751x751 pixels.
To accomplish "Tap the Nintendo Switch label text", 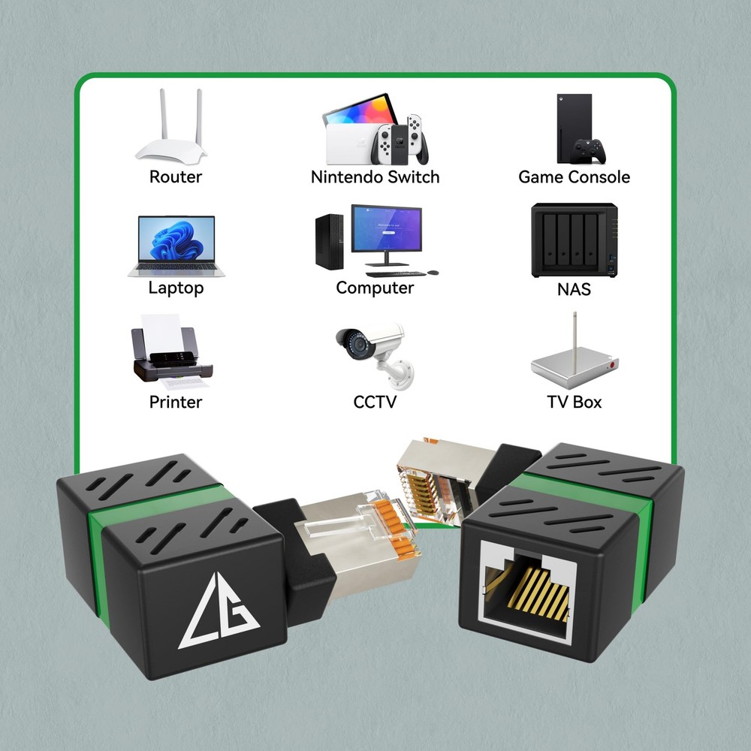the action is point(375,177).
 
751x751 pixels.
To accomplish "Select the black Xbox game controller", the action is point(590,151).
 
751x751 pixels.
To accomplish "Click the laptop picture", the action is point(176,246).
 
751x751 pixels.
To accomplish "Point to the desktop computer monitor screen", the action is point(387,228).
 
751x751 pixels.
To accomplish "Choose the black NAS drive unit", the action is point(575,240).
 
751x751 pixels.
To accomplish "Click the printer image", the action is point(171,352).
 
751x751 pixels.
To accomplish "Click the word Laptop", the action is point(176,288).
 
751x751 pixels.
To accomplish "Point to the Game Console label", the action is point(574,177).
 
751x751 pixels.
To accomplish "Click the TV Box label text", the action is point(574,403).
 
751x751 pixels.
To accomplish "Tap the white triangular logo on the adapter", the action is point(219,611).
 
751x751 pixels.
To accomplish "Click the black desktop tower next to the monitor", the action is point(329,242).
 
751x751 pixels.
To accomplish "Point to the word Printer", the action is point(176,403).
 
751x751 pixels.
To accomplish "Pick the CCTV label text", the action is point(375,403).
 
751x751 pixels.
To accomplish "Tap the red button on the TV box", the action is point(611,366).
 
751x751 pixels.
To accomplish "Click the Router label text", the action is point(176,177).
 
